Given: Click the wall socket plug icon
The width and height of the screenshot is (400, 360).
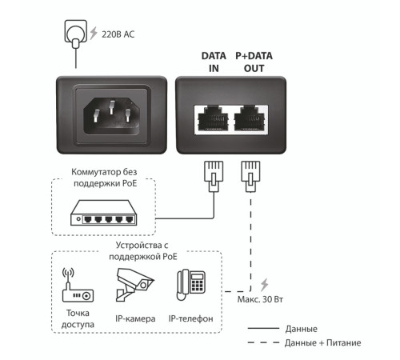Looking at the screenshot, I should (x=76, y=32).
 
